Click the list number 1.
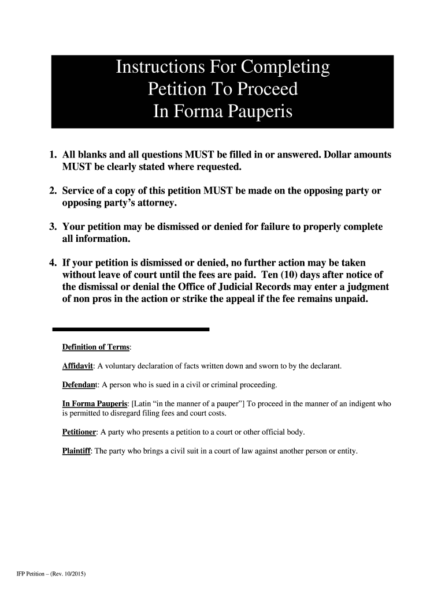click(53, 155)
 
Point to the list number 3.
click(53, 227)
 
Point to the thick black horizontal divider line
click(131, 329)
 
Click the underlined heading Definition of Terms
click(96, 347)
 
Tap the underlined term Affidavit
click(78, 366)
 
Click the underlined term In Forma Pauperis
click(95, 403)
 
